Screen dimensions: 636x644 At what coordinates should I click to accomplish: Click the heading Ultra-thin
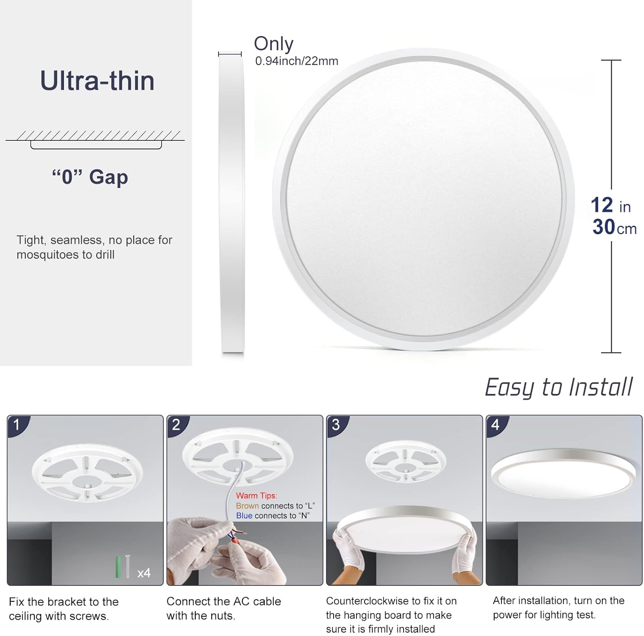click(x=97, y=81)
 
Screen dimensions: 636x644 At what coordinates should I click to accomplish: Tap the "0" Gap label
click(x=90, y=177)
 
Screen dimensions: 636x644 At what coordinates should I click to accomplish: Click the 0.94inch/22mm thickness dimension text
click(x=297, y=61)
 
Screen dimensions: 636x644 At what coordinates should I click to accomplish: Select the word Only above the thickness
click(x=273, y=43)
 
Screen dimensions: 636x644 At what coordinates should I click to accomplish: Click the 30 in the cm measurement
click(x=604, y=227)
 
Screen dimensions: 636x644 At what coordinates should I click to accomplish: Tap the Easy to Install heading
click(x=559, y=387)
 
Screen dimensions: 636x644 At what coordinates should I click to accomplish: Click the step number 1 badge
click(x=17, y=425)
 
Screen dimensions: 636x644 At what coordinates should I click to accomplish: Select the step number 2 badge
click(x=176, y=425)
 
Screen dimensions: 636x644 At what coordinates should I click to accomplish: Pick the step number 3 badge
click(x=336, y=425)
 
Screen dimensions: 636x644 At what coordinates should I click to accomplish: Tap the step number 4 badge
click(x=495, y=425)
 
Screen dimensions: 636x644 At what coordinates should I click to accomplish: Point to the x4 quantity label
click(x=144, y=573)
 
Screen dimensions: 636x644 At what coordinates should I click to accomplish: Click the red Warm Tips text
click(x=256, y=496)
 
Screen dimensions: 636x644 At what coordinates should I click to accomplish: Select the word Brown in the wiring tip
click(x=247, y=506)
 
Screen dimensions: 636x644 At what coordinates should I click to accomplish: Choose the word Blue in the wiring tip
click(x=244, y=515)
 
